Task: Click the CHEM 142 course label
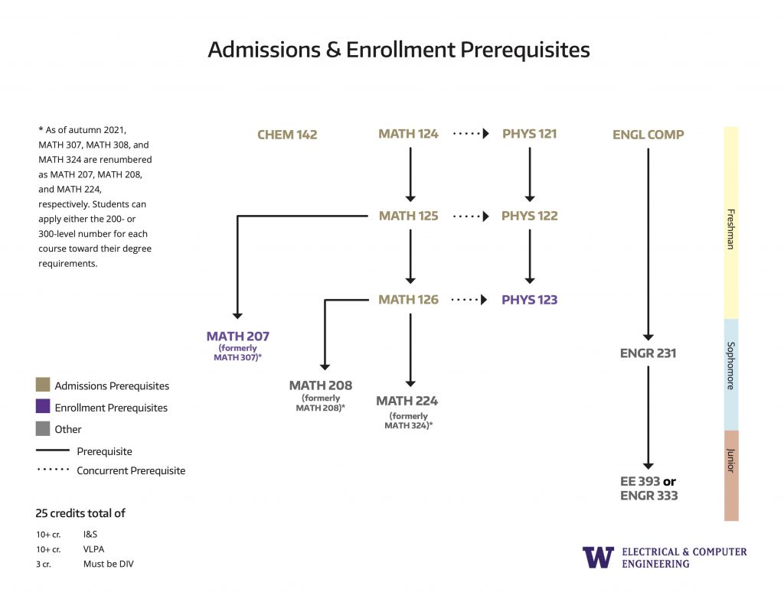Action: (287, 135)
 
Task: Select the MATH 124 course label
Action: (408, 134)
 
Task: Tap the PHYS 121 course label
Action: (529, 134)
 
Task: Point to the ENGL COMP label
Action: (648, 135)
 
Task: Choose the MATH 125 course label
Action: (408, 216)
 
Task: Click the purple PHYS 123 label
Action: (529, 300)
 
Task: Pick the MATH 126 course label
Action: (408, 300)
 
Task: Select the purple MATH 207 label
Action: (237, 336)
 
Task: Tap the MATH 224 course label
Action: (407, 401)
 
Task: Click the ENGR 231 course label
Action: (648, 353)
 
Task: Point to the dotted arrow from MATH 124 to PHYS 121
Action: (470, 134)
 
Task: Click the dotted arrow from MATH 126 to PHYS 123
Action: (470, 300)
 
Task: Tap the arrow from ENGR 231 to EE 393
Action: (648, 417)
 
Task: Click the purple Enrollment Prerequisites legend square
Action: (43, 406)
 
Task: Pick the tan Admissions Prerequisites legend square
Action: (43, 385)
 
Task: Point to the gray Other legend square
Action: (43, 428)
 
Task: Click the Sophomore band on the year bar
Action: (731, 374)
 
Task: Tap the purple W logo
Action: (598, 557)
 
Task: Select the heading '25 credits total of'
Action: (80, 513)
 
